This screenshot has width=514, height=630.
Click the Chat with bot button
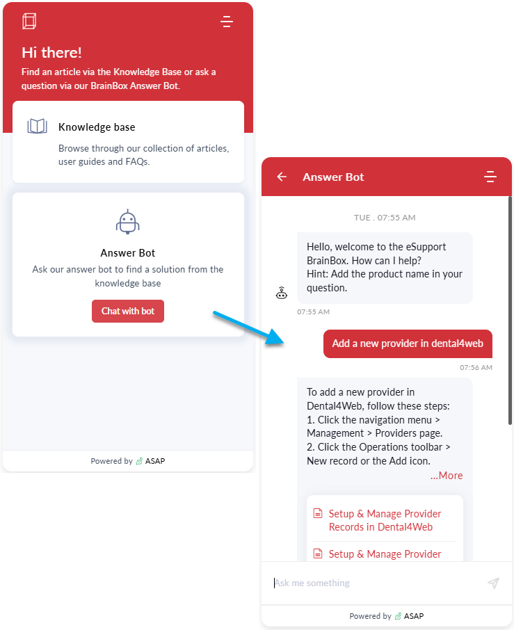click(x=128, y=311)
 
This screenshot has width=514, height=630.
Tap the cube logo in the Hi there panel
click(x=29, y=22)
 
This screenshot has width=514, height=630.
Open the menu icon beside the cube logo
click(x=227, y=22)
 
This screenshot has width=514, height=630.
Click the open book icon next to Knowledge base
click(x=37, y=126)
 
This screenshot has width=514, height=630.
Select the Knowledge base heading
click(x=97, y=127)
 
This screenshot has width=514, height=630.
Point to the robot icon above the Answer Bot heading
click(x=128, y=221)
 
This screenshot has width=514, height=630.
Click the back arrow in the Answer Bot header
click(x=282, y=177)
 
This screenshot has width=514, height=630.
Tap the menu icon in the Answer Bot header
click(x=490, y=177)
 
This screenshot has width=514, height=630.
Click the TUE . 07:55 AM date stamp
click(x=385, y=218)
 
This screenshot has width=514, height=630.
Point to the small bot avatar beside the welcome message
click(x=281, y=293)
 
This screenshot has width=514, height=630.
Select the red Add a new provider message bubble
click(x=408, y=344)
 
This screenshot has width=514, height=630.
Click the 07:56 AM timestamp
click(x=476, y=367)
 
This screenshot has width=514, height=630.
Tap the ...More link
click(x=447, y=476)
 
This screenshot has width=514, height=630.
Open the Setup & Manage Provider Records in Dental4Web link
click(x=385, y=520)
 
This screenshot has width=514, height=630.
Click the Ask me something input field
click(x=378, y=583)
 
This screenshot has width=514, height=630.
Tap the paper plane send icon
click(x=493, y=583)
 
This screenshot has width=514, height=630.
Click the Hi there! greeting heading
click(x=51, y=52)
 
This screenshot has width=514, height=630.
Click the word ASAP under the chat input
click(x=414, y=616)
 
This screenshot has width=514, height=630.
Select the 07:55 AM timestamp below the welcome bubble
click(x=313, y=312)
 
